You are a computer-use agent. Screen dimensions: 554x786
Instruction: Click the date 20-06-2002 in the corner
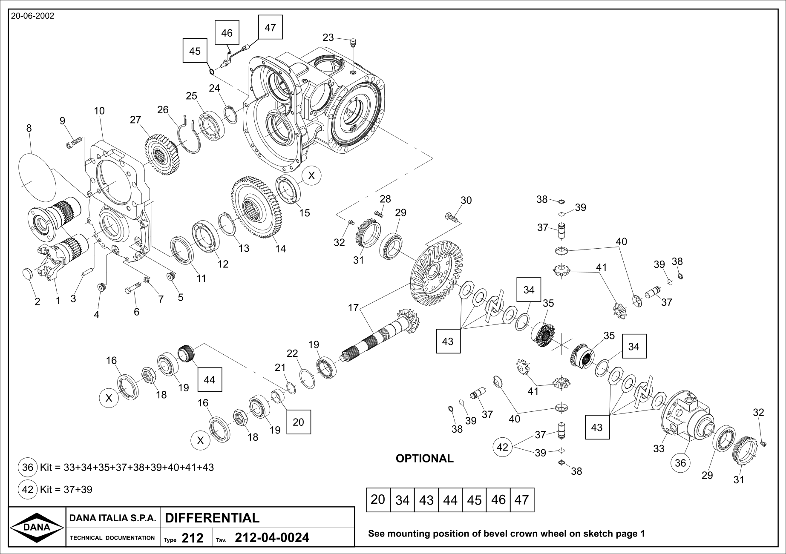click(32, 16)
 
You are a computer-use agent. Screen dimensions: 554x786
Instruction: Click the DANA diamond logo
click(37, 527)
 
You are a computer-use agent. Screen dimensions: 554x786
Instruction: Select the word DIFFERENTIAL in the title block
click(212, 518)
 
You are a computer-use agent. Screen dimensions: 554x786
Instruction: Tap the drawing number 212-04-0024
click(272, 538)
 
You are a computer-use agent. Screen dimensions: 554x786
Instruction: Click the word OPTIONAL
click(424, 459)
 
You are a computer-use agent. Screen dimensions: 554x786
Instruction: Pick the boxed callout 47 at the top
click(270, 27)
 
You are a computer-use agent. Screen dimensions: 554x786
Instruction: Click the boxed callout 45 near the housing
click(195, 51)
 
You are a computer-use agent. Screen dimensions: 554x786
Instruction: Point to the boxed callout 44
click(209, 379)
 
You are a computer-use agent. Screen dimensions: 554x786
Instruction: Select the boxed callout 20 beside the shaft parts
click(298, 422)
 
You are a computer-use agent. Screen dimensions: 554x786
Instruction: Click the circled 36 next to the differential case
click(680, 462)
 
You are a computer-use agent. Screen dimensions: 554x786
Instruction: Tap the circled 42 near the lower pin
click(503, 447)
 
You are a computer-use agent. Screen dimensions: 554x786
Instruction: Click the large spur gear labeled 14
click(256, 207)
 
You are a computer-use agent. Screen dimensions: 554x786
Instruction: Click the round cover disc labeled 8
click(37, 177)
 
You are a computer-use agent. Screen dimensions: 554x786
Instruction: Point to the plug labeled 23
click(352, 42)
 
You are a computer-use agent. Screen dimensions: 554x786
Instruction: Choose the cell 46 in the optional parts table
click(498, 500)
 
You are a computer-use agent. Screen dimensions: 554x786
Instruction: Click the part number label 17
click(353, 307)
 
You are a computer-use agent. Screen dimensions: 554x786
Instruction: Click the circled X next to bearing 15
click(311, 175)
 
